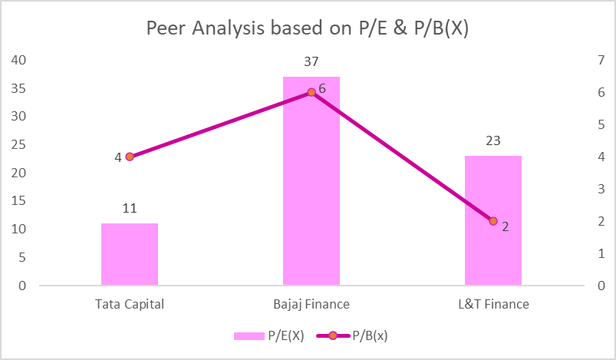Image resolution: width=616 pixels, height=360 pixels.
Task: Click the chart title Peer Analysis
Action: coord(308,29)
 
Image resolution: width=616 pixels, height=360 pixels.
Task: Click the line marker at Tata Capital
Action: coord(130,157)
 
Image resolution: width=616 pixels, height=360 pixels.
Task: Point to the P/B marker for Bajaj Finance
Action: coord(311,92)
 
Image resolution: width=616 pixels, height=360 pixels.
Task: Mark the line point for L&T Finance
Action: coord(493,221)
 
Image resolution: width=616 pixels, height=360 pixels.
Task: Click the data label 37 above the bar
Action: coord(311,62)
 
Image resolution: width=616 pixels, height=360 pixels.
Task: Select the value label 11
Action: coord(129,209)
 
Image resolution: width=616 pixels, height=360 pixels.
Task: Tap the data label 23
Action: coord(492,141)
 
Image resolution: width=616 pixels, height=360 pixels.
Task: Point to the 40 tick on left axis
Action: coord(18,60)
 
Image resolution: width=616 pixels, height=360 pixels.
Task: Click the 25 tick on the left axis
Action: coord(18,144)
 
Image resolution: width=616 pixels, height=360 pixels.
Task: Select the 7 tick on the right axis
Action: coord(600,60)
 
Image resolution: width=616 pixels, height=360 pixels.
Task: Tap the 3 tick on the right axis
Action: coord(600,189)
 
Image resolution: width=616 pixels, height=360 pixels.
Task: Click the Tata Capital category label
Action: coord(130,304)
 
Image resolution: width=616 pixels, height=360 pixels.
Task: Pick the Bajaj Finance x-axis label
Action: coord(311,304)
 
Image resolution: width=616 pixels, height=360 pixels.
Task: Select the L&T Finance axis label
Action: coord(493,304)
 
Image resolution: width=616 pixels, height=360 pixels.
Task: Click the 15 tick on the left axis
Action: coord(18,201)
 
